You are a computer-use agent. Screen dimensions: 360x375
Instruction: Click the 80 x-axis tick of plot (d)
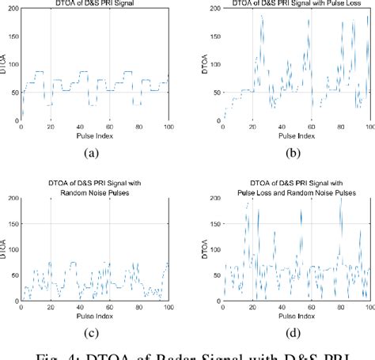[341, 307]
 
